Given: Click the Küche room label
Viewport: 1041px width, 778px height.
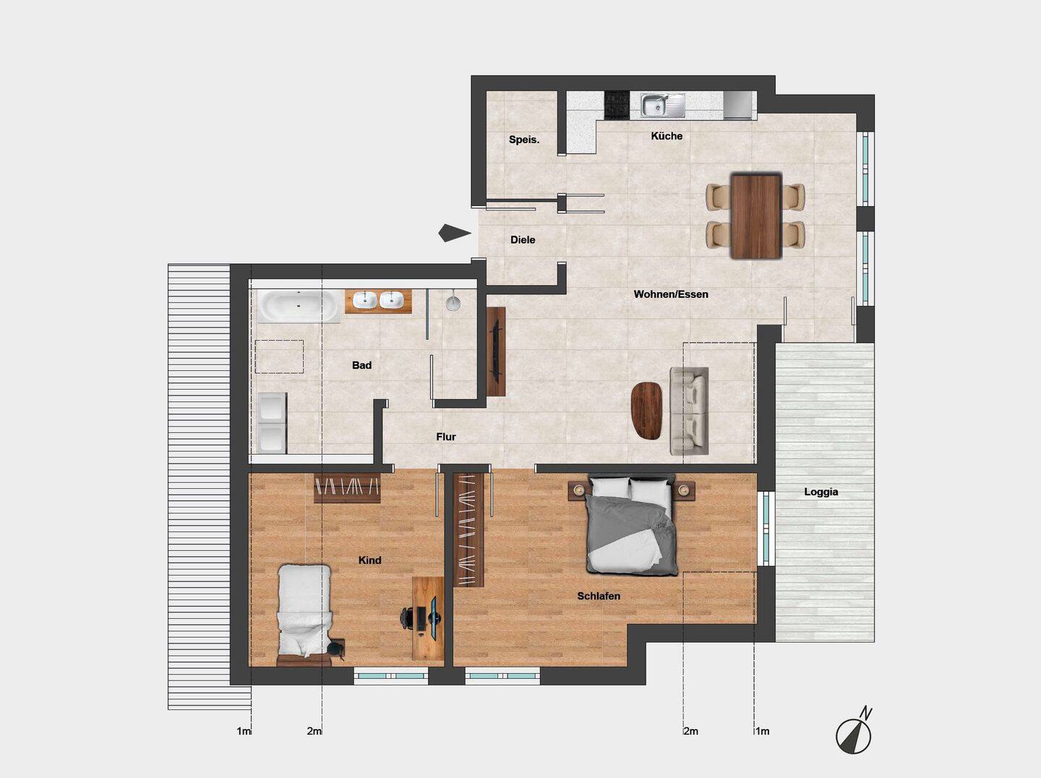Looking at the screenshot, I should tap(667, 136).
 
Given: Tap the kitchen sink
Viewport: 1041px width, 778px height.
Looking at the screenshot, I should tap(662, 106).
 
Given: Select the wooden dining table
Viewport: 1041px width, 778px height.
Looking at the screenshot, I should tap(755, 215).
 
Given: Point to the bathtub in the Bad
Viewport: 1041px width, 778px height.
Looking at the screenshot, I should tap(299, 307).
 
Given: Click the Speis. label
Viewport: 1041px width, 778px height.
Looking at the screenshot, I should tap(524, 140).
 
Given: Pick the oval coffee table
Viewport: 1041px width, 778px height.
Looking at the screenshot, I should tap(646, 410).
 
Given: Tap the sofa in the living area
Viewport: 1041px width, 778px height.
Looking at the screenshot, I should tap(689, 411).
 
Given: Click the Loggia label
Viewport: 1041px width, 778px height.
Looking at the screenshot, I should tap(821, 492).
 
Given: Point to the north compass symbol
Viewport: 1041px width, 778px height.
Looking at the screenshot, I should tap(854, 735).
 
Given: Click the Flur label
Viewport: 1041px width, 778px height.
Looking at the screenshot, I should tap(446, 437).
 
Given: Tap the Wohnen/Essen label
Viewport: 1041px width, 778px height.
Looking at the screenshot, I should tap(671, 294).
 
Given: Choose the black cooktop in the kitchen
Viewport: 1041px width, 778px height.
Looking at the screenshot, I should tap(617, 105).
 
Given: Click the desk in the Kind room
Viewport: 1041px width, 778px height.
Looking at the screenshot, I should tap(427, 618).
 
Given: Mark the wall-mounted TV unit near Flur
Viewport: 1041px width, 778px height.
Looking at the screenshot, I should tap(496, 351).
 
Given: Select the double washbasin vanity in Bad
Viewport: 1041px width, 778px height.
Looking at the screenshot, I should tap(378, 300).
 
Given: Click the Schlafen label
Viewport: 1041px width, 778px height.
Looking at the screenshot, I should tap(599, 596).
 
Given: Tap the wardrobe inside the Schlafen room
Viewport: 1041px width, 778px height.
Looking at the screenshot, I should tap(468, 530).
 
